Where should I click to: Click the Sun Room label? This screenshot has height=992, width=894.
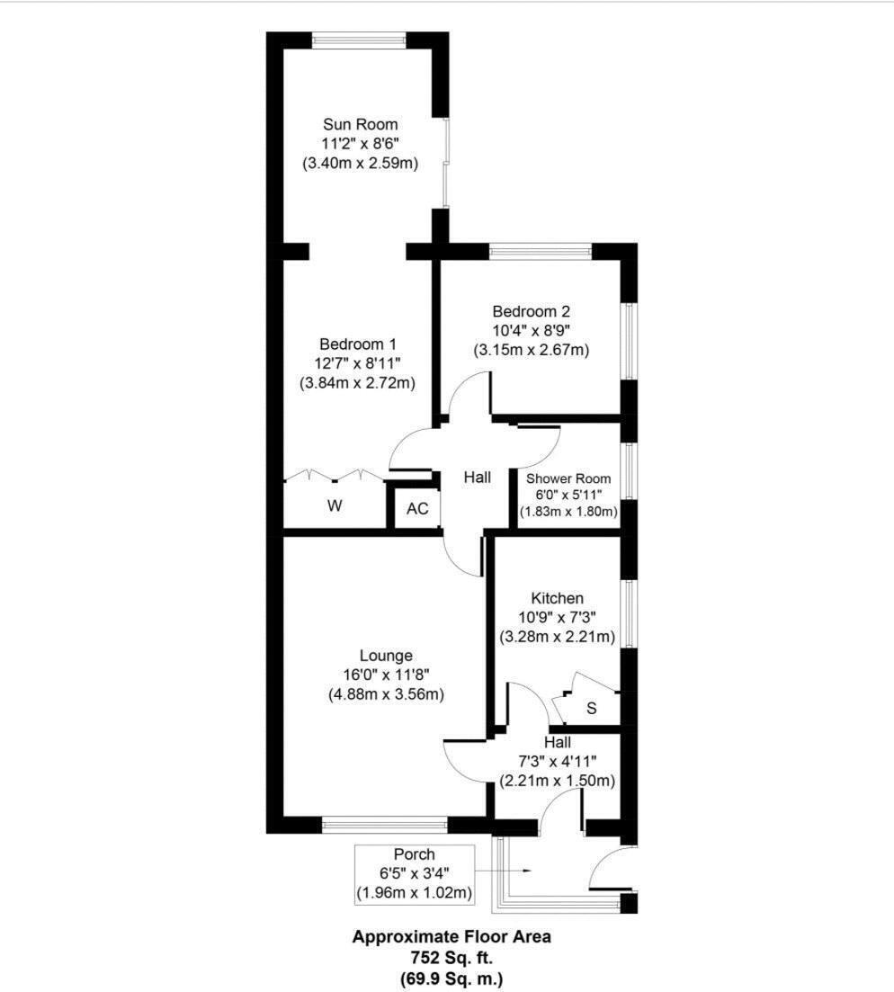(x=360, y=124)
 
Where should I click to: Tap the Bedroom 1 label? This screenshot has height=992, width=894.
(x=358, y=344)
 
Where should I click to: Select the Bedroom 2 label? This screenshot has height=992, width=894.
(x=532, y=311)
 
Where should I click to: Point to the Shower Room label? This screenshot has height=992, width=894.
(x=569, y=478)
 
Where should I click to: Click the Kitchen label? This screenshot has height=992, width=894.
(x=557, y=598)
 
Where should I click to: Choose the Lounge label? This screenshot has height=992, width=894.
(x=386, y=656)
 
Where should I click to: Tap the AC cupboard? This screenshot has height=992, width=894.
(x=417, y=508)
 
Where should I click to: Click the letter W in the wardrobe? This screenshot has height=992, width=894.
(x=335, y=506)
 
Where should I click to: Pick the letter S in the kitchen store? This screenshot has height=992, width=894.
(x=591, y=708)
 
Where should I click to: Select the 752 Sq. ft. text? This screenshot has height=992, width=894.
(x=451, y=957)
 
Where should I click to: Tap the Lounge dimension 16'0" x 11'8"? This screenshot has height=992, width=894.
(x=386, y=675)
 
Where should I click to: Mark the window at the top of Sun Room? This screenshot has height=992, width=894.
(x=359, y=40)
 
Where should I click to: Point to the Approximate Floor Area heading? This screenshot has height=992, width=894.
(x=451, y=936)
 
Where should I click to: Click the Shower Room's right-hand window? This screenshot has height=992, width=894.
(x=630, y=469)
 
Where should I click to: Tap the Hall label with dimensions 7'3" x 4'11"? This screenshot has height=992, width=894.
(x=557, y=742)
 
